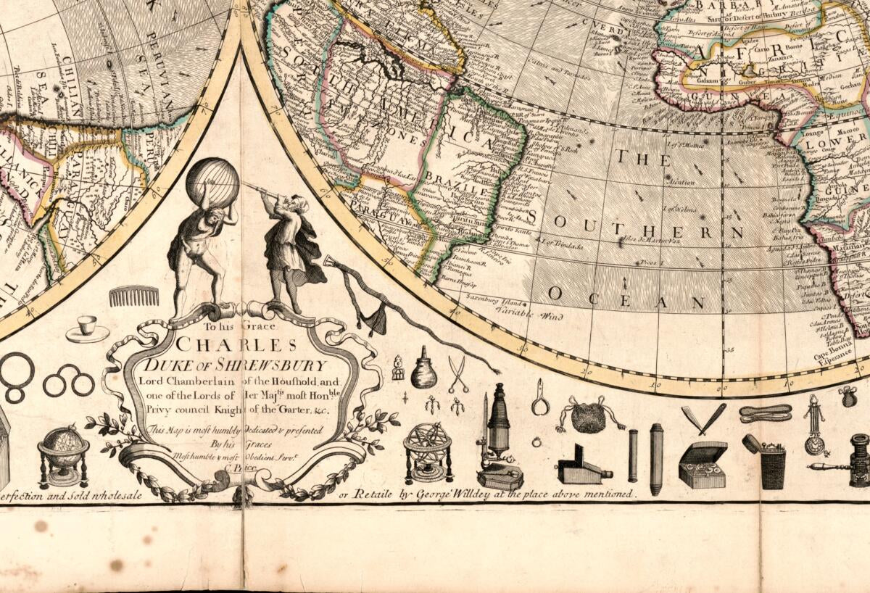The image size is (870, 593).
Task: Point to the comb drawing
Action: coord(134,296)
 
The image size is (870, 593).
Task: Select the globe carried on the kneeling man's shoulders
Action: coord(212,182)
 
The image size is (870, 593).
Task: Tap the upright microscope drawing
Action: coord(500,435)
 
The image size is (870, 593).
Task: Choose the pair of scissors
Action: coord(457,373)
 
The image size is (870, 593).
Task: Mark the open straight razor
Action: coord(703,418)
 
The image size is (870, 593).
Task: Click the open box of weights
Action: coord(702,465)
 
